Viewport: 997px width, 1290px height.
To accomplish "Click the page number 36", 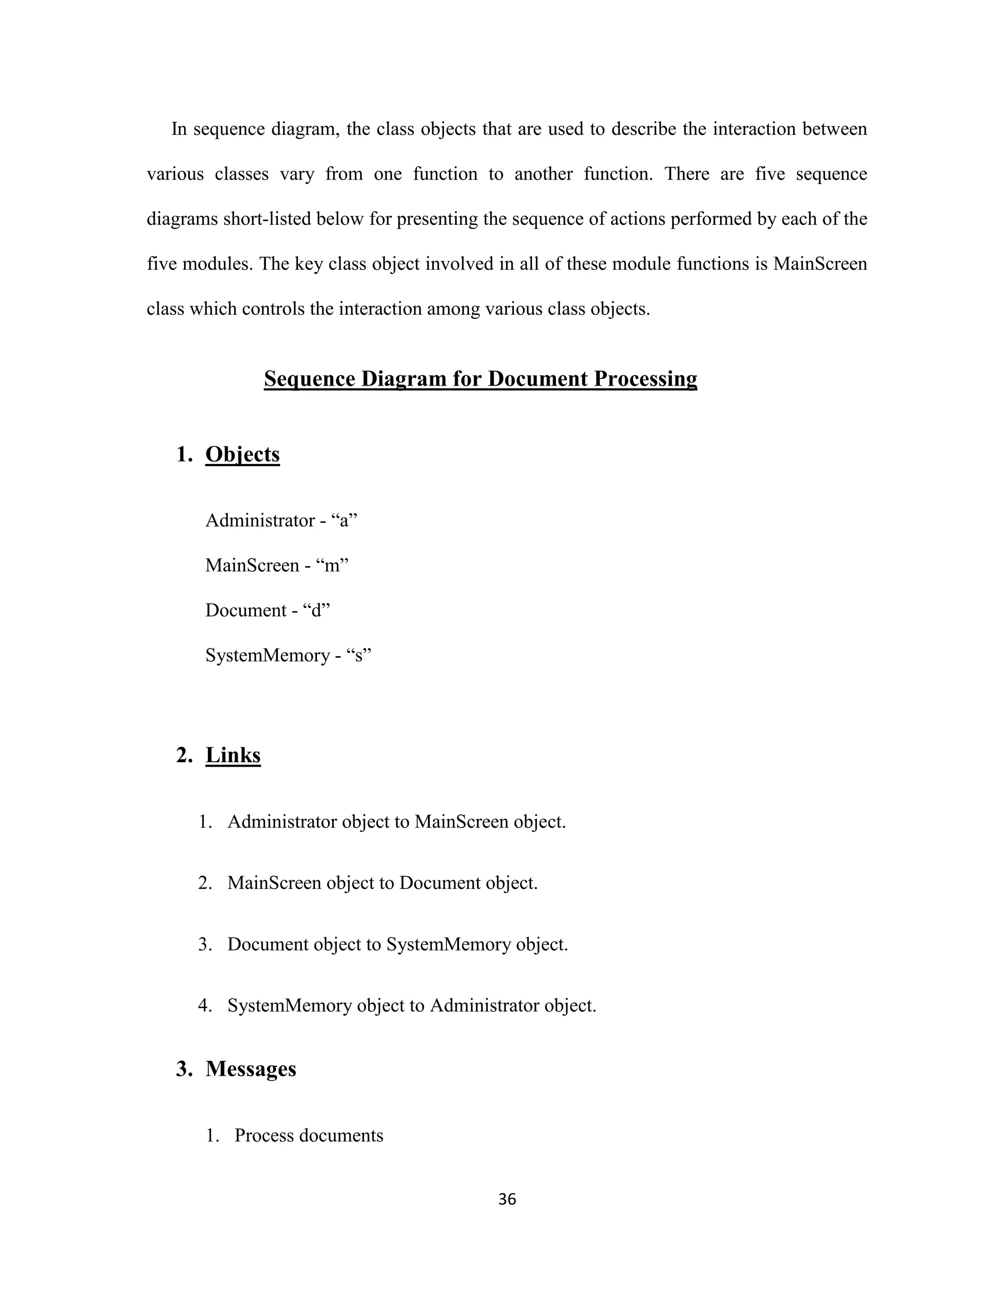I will coord(507,1199).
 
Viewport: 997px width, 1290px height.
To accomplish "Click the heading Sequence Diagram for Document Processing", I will coord(480,379).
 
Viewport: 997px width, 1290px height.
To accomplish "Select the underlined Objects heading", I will coord(242,454).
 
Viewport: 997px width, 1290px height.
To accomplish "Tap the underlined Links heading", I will coord(233,756).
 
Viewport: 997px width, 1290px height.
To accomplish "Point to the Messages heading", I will coord(250,1069).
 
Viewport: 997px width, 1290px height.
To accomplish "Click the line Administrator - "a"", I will coord(282,520).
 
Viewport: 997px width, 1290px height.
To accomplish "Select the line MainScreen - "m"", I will coord(277,565).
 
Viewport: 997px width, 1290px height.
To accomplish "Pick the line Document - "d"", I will coord(268,610).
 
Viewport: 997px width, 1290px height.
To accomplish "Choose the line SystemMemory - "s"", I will coord(288,655).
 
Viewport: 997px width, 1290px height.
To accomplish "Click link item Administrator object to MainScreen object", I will coord(396,822).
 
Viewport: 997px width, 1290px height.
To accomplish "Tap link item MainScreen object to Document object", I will coord(382,883).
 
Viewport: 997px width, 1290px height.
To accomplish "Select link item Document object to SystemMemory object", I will coord(397,944).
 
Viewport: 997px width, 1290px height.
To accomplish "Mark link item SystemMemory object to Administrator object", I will coord(412,1005).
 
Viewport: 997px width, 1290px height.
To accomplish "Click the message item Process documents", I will coord(308,1135).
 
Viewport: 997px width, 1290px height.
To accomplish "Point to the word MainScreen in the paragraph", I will coord(820,264).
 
